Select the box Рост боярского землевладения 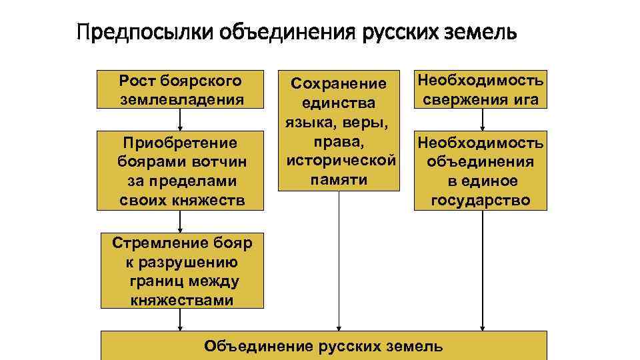(x=180, y=90)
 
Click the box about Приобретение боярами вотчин (x=180, y=171)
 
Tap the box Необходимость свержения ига (x=480, y=90)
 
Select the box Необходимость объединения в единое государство (x=480, y=171)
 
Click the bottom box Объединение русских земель (x=323, y=345)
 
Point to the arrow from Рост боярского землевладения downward (x=180, y=120)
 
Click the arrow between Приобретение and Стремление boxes (x=180, y=221)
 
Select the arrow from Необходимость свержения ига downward (x=482, y=120)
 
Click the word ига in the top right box (x=527, y=100)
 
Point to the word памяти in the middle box (x=339, y=180)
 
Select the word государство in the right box (x=480, y=200)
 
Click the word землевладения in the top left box (x=180, y=100)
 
